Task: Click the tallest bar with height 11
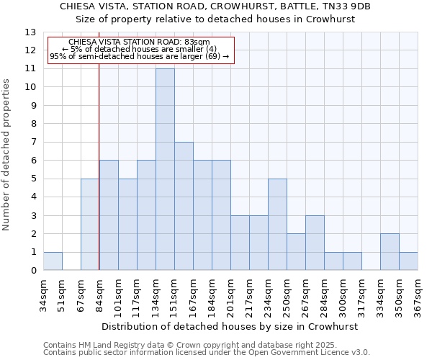click(165, 169)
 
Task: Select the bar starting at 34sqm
click(53, 261)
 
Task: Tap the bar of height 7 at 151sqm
click(184, 206)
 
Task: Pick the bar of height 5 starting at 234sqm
click(277, 225)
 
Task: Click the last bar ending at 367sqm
click(408, 261)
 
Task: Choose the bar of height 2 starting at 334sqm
click(390, 252)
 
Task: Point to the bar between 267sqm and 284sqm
click(315, 243)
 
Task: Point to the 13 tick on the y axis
click(30, 32)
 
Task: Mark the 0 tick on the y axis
click(32, 271)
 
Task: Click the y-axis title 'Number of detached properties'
click(7, 155)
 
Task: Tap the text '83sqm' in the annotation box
click(194, 42)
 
